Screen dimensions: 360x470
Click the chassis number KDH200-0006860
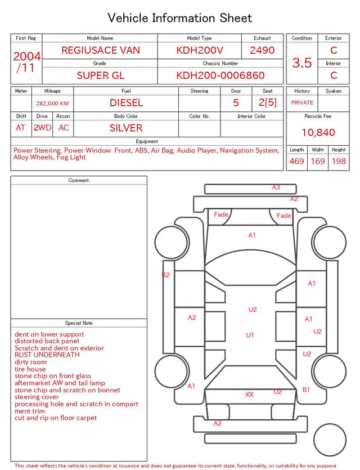click(220, 75)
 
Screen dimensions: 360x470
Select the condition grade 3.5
click(302, 62)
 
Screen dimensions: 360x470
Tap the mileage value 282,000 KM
click(52, 104)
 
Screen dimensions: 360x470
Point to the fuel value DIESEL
click(126, 103)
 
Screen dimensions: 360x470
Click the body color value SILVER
click(126, 128)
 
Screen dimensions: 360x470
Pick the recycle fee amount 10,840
click(318, 132)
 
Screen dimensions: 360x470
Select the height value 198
click(339, 161)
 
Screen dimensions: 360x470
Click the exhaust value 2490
click(262, 50)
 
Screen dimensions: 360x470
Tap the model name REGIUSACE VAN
click(101, 50)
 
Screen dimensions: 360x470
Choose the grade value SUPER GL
click(101, 75)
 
